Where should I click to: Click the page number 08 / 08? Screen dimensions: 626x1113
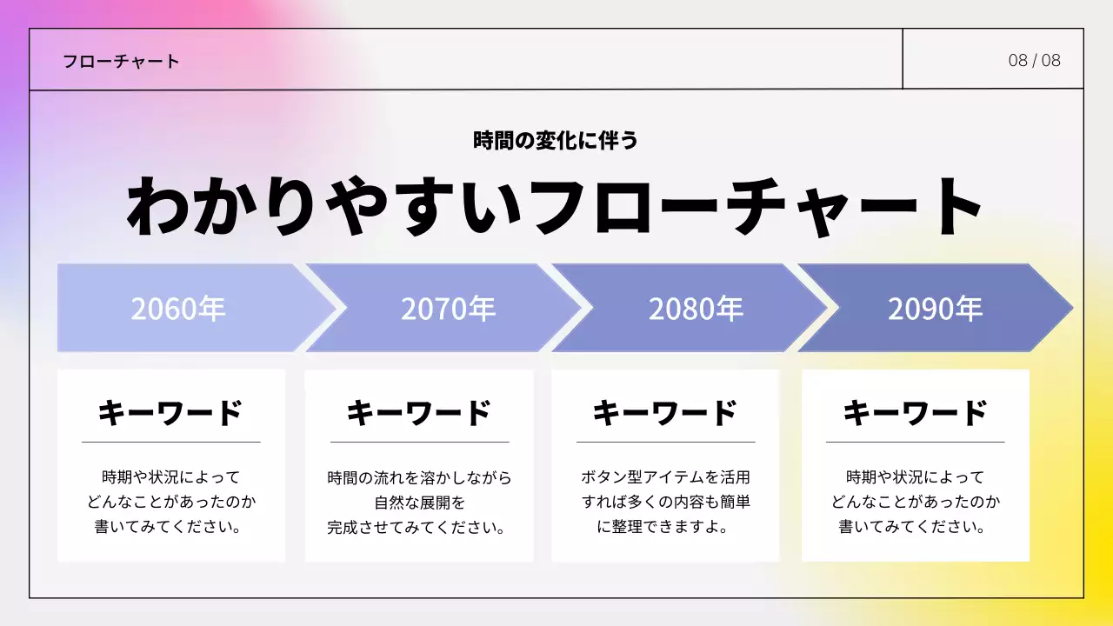[1034, 60]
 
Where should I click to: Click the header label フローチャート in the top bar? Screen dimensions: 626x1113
[121, 61]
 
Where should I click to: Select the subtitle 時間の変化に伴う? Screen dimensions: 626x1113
[556, 140]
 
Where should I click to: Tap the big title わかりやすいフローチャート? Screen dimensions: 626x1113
[556, 207]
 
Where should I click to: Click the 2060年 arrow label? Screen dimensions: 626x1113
[178, 309]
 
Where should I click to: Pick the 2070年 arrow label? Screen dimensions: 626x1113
[448, 309]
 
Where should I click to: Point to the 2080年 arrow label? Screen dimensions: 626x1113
[696, 309]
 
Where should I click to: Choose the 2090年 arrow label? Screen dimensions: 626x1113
[935, 309]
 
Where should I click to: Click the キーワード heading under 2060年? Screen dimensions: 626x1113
[170, 413]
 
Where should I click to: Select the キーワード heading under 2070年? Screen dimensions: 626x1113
[419, 413]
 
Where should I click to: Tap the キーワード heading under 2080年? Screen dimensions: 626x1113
[665, 413]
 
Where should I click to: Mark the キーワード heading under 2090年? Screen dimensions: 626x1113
[916, 413]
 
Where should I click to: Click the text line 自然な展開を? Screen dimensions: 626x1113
[419, 503]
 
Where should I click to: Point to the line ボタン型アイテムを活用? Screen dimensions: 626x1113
[665, 477]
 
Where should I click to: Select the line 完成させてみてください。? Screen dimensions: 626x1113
[419, 528]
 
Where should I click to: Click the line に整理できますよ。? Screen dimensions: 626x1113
[665, 528]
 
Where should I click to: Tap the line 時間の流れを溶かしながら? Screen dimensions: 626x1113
[419, 477]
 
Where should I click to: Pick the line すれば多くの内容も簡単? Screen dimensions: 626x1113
[665, 503]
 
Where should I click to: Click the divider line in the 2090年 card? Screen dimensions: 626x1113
[916, 442]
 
